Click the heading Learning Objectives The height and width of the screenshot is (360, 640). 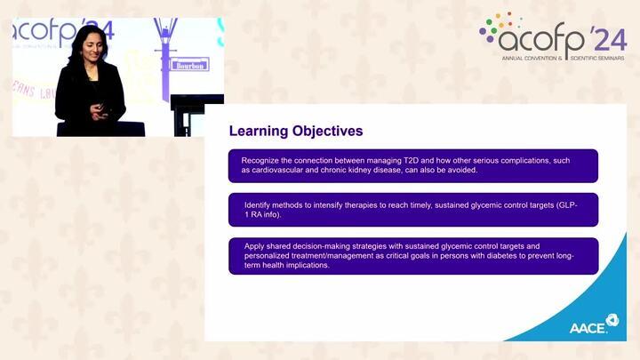pos(296,131)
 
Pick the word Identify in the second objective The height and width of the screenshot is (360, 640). pos(259,204)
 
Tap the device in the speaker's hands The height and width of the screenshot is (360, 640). pos(100,108)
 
